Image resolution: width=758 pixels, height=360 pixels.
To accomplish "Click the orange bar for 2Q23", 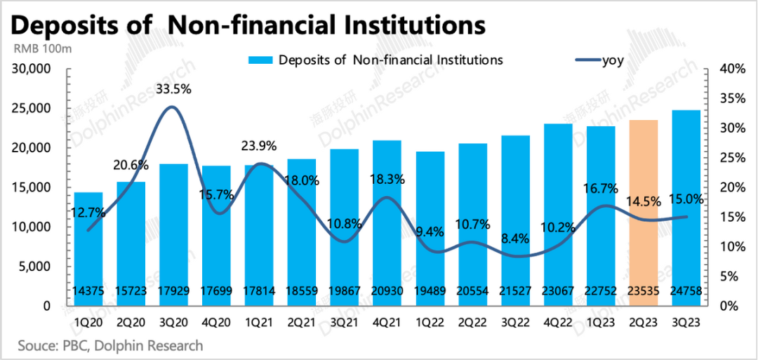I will pos(643,211).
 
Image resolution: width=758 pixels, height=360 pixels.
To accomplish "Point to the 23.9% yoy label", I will pos(259,147).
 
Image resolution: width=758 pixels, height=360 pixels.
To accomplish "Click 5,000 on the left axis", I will pos(34,267).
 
